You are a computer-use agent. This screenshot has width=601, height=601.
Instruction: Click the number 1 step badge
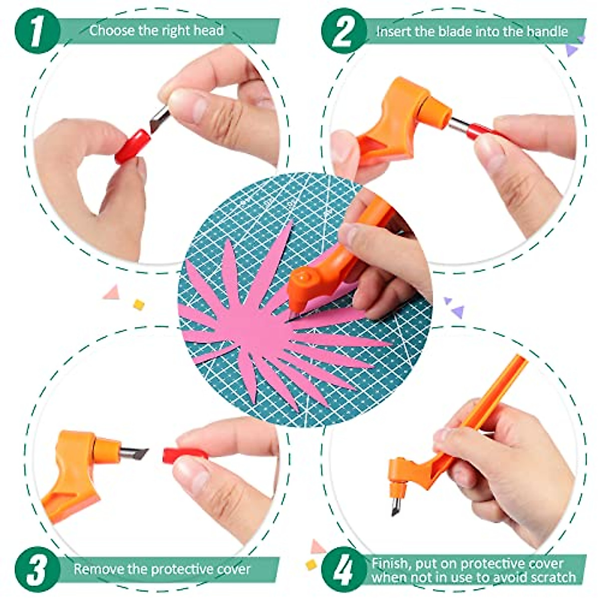click(x=37, y=31)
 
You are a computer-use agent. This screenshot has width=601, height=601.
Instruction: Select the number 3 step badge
click(x=37, y=569)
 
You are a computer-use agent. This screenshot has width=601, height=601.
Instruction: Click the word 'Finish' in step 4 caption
click(x=389, y=563)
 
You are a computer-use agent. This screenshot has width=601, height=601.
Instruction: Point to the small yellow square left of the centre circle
click(x=139, y=305)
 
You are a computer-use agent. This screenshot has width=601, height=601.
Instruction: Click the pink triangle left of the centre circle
click(x=112, y=292)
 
